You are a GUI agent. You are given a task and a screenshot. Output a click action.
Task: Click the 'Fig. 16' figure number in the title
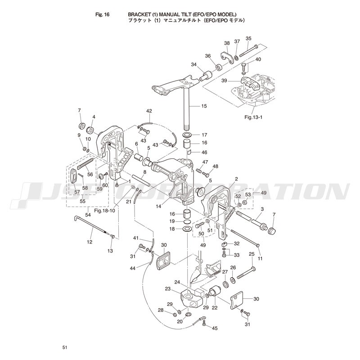click(x=102, y=15)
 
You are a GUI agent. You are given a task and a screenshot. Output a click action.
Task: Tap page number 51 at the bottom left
click(x=65, y=347)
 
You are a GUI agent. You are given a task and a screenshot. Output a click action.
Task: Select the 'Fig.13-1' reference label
click(x=253, y=117)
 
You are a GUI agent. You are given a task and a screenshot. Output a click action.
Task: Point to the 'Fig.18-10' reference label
click(x=104, y=210)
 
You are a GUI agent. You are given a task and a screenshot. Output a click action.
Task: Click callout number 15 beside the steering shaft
click(x=204, y=106)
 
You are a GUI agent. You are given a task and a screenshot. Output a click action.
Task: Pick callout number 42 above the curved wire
click(x=149, y=111)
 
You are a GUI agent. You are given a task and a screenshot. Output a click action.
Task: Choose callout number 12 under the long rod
click(x=90, y=242)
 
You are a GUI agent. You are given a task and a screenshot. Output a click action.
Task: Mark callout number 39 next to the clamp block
click(x=224, y=81)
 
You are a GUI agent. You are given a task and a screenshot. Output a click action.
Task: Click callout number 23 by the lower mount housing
click(x=168, y=289)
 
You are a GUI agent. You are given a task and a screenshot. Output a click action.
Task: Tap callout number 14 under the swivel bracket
click(x=158, y=206)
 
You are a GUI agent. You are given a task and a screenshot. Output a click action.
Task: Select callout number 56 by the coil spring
click(x=90, y=175)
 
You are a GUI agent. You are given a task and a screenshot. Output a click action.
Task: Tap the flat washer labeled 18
click(x=188, y=229)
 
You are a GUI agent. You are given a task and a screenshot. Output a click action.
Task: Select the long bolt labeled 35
click(x=249, y=51)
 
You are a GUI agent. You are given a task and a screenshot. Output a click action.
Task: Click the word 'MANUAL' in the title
click(x=171, y=15)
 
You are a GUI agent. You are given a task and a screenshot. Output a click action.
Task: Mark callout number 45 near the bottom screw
click(x=215, y=328)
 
